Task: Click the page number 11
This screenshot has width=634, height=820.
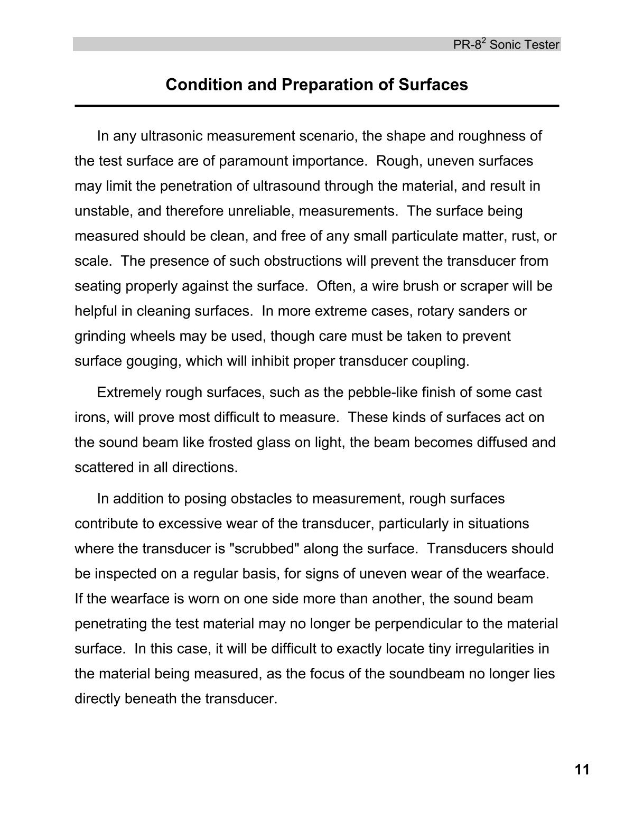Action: click(582, 770)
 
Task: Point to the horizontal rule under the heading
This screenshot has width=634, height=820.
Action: click(317, 106)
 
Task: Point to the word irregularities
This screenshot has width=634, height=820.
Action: click(489, 649)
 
